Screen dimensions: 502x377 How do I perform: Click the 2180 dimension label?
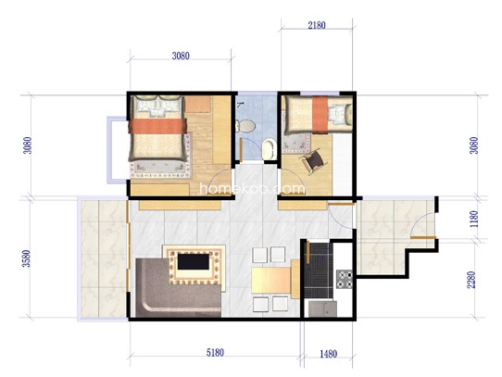317,25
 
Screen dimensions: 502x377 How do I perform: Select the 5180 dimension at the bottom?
215,353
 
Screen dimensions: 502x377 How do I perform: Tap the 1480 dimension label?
328,354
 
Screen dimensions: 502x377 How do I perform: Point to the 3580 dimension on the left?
27,258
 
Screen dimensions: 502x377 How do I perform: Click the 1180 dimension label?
473,220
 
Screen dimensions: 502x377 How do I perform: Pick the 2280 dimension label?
471,280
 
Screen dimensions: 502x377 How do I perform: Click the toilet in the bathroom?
245,126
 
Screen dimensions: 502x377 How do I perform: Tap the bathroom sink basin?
270,149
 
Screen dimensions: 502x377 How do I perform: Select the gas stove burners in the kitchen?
345,279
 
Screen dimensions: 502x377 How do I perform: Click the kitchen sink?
322,308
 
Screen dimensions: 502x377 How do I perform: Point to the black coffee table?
194,261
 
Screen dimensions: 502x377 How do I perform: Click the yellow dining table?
271,281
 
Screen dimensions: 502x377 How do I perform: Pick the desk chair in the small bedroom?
312,161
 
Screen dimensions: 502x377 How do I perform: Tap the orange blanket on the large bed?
157,126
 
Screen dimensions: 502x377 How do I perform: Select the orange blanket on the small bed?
320,114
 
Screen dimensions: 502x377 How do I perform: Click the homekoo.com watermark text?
253,188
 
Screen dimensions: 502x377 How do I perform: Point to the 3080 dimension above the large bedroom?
181,57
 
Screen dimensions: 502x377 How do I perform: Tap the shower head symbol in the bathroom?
241,104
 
